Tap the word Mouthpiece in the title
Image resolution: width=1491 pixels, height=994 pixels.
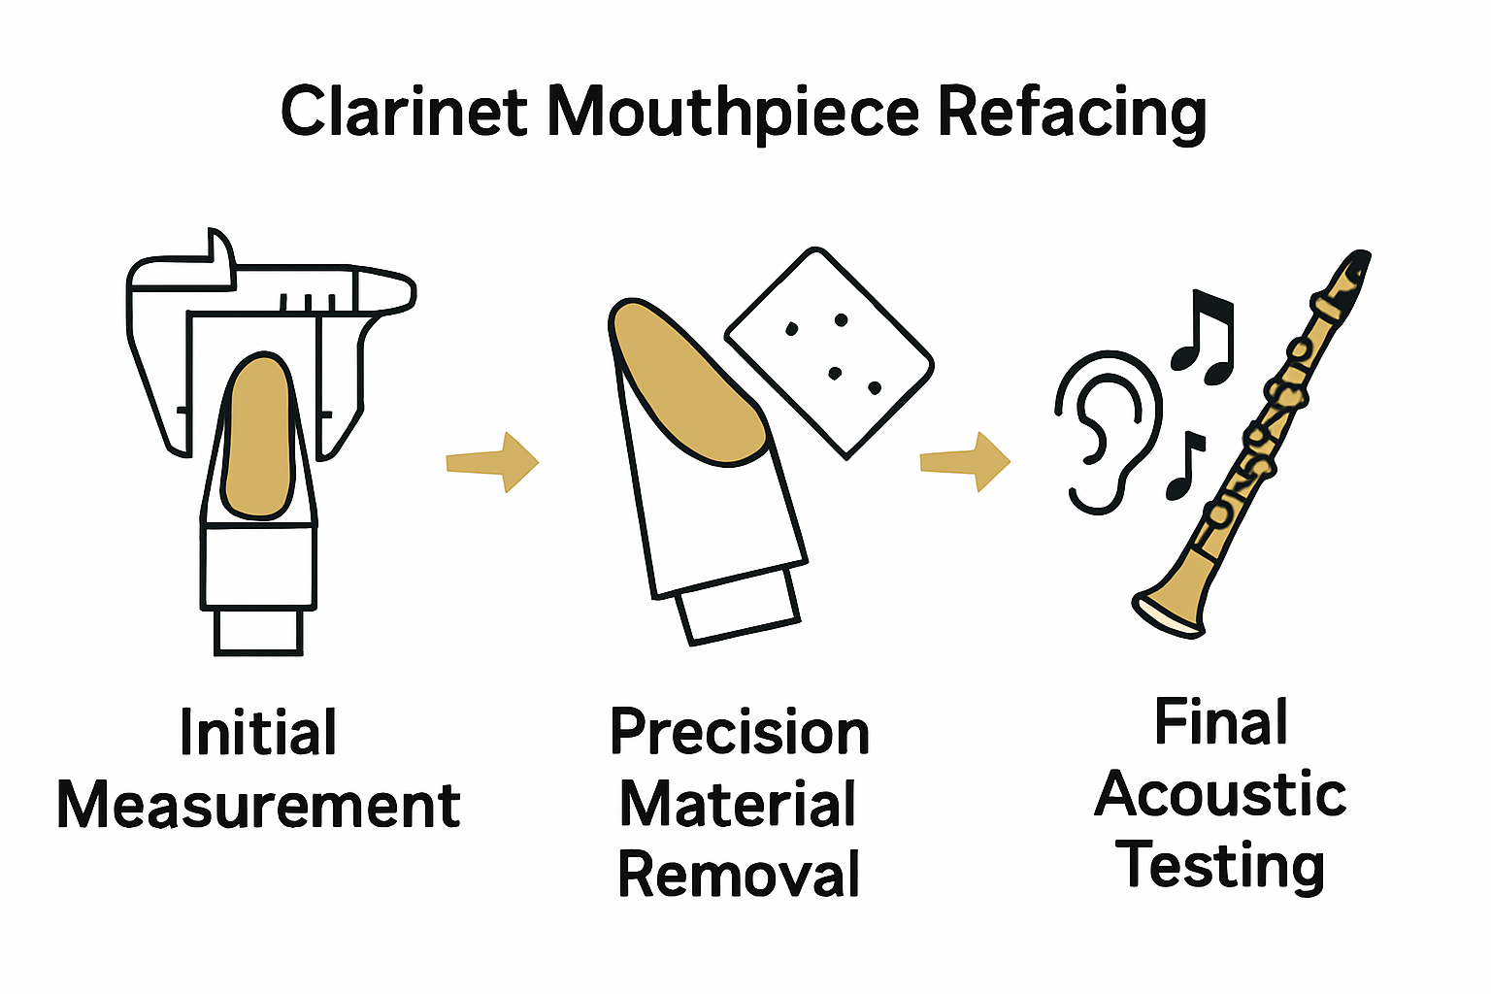click(x=733, y=114)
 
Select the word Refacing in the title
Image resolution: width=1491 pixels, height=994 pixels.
click(x=1073, y=114)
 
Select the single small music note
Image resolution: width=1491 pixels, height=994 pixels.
click(x=1185, y=465)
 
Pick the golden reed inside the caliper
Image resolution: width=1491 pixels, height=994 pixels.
click(x=257, y=437)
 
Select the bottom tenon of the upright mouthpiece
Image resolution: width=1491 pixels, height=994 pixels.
click(x=258, y=631)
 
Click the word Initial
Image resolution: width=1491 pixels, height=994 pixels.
click(x=258, y=733)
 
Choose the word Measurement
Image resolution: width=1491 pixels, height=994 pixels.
click(x=258, y=806)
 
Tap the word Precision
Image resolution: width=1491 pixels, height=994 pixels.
click(x=740, y=733)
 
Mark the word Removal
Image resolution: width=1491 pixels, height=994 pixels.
click(x=740, y=875)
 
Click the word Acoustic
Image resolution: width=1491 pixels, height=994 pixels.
click(x=1220, y=795)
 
